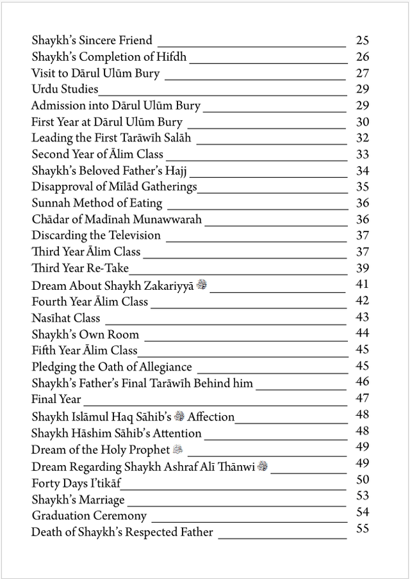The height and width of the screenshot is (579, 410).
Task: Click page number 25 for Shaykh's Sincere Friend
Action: tap(362, 41)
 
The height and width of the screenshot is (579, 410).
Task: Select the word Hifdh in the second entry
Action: tap(171, 57)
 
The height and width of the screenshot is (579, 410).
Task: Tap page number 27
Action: tap(362, 74)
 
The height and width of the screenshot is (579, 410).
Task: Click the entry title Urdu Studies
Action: tap(65, 90)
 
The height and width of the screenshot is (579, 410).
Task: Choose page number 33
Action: tap(362, 154)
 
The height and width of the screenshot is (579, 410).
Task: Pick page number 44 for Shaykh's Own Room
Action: tap(362, 333)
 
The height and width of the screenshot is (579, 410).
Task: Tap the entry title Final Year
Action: tap(56, 399)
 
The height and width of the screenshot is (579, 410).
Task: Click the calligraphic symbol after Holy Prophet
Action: tap(177, 449)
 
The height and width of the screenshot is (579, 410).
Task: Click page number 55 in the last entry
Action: tap(362, 528)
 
